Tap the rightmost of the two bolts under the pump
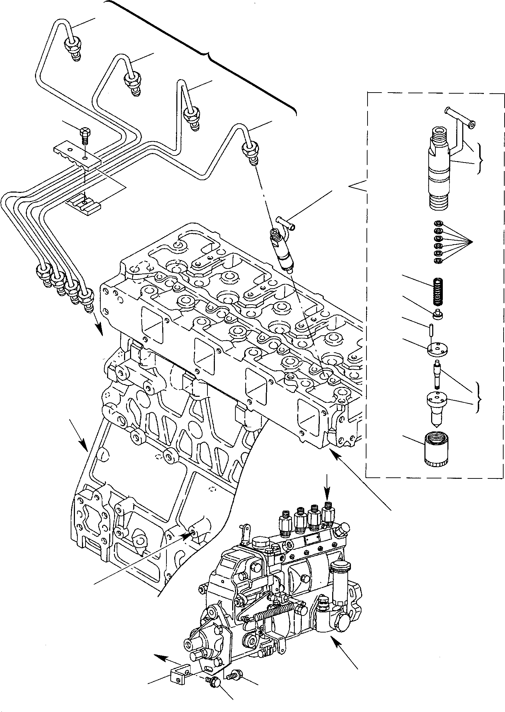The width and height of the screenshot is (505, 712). coord(234,675)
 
